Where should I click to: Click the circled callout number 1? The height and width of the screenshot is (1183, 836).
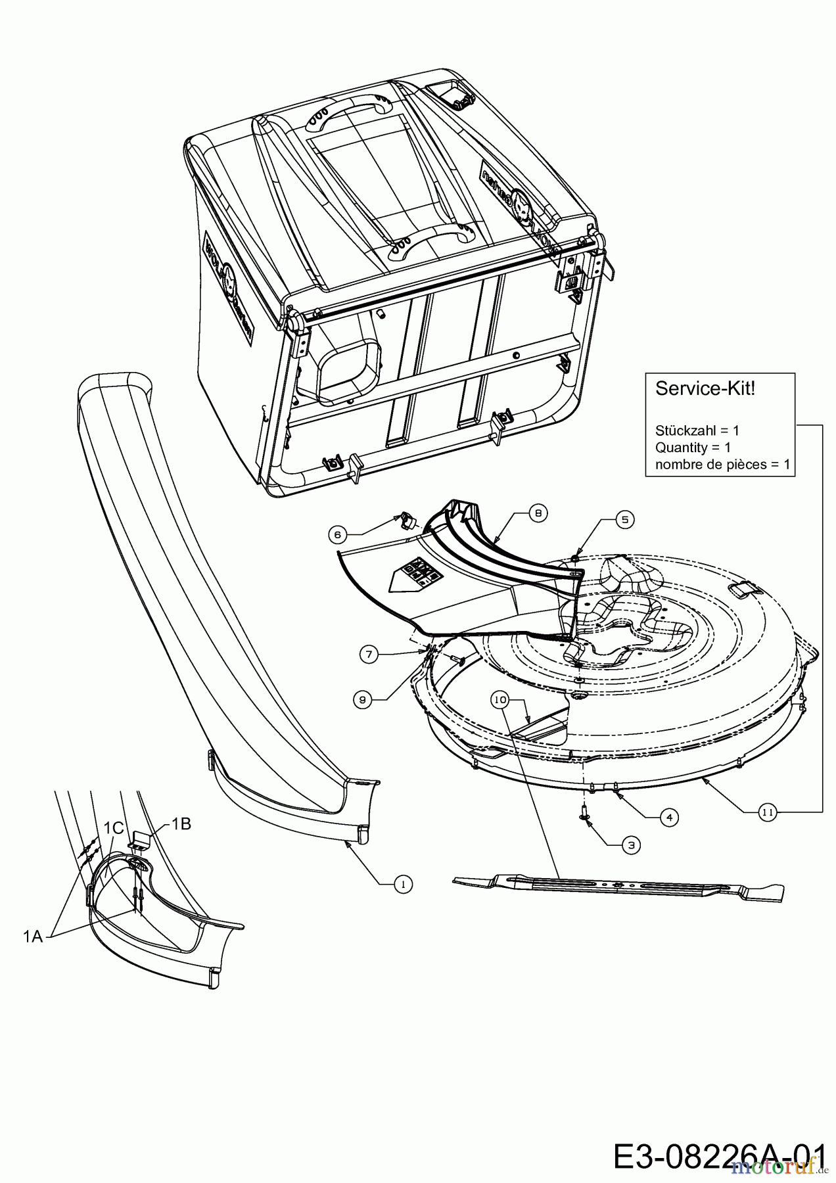coord(403,885)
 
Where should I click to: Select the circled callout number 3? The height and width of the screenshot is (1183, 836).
coord(631,845)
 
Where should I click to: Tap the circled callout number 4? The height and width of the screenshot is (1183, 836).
coord(668,817)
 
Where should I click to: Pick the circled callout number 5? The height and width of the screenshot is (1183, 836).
coord(624,520)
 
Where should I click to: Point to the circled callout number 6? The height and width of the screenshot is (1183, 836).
coord(338,535)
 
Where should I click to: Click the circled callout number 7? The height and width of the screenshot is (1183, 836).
coord(369,653)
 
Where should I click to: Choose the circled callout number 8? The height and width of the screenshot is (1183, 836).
coord(538,514)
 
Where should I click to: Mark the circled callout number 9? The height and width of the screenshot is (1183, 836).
coord(361,700)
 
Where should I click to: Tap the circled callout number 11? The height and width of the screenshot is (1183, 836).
coord(767,813)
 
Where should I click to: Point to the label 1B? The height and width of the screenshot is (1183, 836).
coord(181,823)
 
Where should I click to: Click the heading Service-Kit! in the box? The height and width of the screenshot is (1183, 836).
coord(705,388)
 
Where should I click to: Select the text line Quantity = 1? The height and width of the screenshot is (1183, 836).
coord(693,448)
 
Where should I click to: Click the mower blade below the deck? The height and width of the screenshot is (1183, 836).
coord(618,887)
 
